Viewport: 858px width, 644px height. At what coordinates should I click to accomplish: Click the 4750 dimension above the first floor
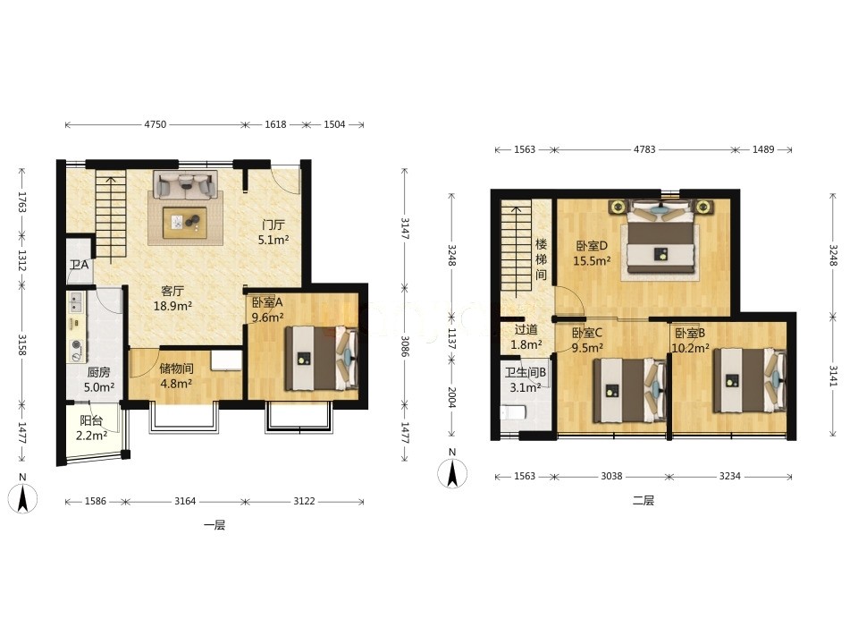tap(155, 124)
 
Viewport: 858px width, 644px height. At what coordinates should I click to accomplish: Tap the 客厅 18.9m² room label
tap(172, 299)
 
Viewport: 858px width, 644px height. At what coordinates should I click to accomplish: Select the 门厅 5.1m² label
tap(273, 232)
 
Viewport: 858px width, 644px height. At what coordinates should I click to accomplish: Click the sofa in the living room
tap(185, 184)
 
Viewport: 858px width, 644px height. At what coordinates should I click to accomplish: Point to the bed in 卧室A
tap(321, 358)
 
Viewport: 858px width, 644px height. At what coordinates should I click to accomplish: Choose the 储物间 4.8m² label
tap(176, 377)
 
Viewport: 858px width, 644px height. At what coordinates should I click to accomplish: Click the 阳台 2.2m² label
tap(91, 428)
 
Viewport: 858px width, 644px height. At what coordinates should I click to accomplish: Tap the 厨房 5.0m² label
tap(99, 379)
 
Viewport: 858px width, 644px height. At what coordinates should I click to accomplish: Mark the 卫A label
tap(80, 265)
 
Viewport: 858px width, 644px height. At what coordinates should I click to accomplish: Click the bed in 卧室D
tap(661, 236)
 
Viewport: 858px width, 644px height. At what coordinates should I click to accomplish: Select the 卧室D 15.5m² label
tap(592, 253)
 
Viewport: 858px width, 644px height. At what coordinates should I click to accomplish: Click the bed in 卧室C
tap(630, 390)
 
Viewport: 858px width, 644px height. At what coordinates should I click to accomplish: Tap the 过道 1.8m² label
tap(526, 337)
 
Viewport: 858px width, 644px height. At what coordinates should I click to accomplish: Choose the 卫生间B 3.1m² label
tap(525, 380)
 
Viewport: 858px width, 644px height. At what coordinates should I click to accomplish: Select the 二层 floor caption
tap(643, 500)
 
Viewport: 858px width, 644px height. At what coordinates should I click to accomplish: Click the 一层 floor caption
tap(214, 525)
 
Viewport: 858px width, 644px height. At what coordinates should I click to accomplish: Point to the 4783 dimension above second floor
tap(644, 149)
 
